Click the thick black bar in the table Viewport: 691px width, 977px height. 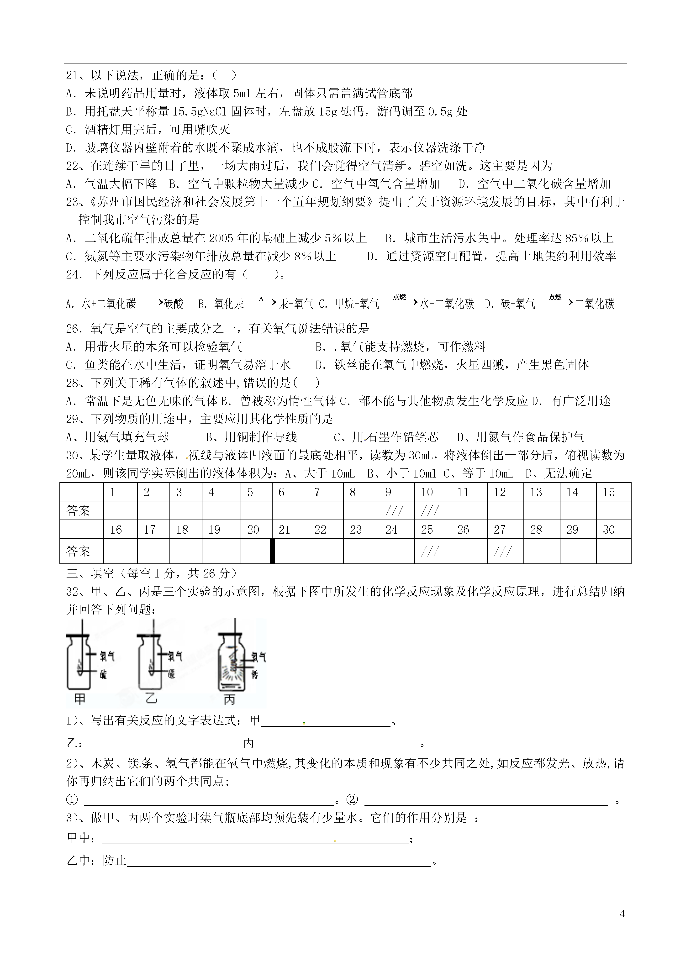[x=272, y=551]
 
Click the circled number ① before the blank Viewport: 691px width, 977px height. [x=72, y=800]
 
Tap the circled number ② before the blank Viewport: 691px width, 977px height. [x=352, y=800]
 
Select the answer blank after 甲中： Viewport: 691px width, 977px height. [x=255, y=838]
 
